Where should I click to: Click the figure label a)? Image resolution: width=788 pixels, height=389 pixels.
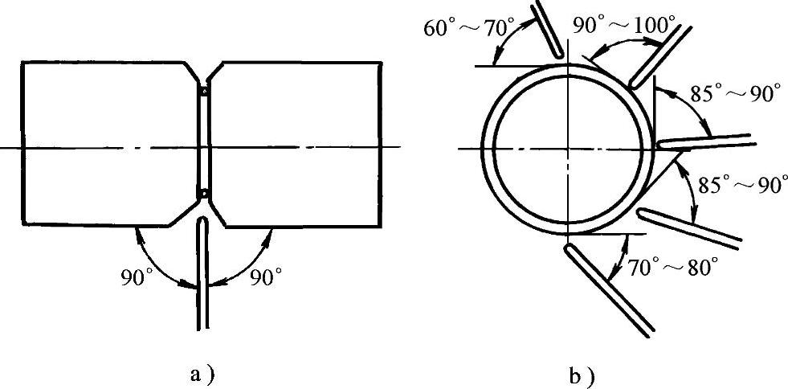tap(201, 375)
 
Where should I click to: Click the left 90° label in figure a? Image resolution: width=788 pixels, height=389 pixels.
tap(133, 277)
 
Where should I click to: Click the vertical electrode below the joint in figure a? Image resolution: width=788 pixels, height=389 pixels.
tap(202, 273)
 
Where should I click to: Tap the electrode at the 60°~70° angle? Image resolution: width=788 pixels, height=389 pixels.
tap(549, 28)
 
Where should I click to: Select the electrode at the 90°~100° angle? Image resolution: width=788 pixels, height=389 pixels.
tap(659, 56)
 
